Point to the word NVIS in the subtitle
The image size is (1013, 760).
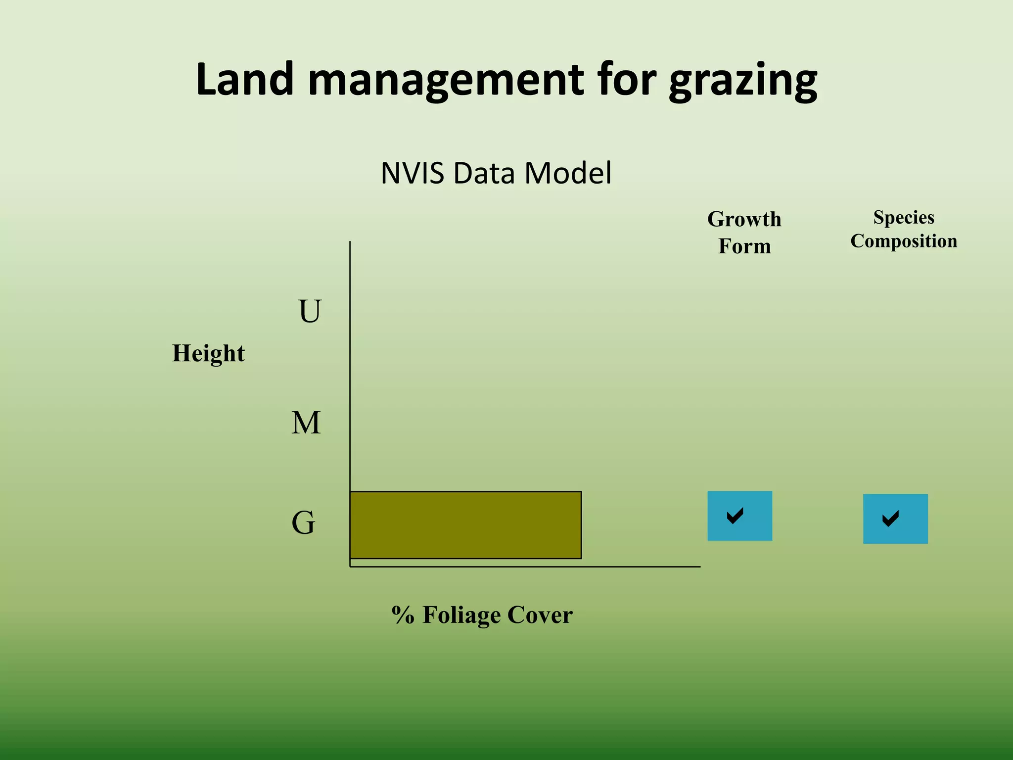412,173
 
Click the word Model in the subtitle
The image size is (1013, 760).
568,173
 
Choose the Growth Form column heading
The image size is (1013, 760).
744,233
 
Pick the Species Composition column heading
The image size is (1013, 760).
904,229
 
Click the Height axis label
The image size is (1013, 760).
208,353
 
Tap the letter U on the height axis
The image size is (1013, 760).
310,311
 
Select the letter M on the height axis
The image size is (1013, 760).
306,423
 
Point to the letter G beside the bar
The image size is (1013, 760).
303,523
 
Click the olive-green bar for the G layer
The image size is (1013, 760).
465,525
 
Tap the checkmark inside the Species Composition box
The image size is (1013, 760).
890,519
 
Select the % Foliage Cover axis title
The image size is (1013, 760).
482,615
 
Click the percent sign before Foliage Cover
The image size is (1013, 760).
403,615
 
